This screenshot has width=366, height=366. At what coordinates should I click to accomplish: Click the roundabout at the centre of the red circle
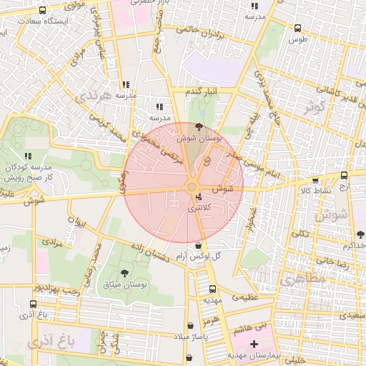191,187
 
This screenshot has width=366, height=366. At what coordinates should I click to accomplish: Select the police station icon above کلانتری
198,197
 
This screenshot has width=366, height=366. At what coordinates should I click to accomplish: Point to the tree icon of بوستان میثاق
125,273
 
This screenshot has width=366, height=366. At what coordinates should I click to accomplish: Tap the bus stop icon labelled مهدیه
212,289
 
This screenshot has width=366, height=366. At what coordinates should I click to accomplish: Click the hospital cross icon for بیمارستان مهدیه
254,344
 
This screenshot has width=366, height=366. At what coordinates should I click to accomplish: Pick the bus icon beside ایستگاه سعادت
44,11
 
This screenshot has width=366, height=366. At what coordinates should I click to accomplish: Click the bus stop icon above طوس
297,29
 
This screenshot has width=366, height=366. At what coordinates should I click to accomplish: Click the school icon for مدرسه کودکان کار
29,155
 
